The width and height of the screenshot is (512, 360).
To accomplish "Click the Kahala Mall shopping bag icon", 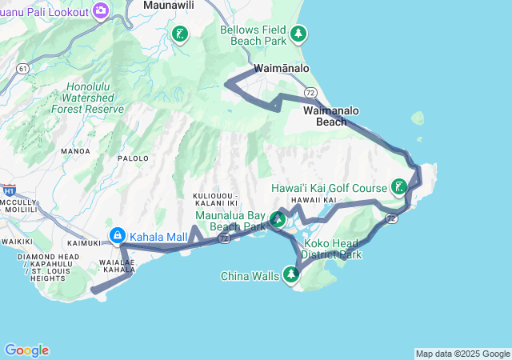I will tap(118, 235).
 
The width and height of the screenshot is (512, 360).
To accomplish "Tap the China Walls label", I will tap(250, 277).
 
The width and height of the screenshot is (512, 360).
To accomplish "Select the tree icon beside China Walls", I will tap(291, 276).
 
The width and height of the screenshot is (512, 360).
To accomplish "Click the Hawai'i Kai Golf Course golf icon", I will tap(398, 188).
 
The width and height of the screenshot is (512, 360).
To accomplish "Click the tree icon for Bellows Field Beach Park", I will tap(298, 34).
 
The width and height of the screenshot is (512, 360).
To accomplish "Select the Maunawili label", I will tap(170, 5).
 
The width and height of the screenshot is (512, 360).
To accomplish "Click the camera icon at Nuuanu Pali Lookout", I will tap(101, 10).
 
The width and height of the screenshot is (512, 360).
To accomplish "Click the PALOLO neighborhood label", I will tap(134, 158).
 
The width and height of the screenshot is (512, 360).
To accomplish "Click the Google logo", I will tap(26, 350).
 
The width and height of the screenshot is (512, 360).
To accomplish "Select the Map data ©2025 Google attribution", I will tap(462, 354).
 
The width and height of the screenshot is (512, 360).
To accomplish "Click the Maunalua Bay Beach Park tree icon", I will tap(278, 218).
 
